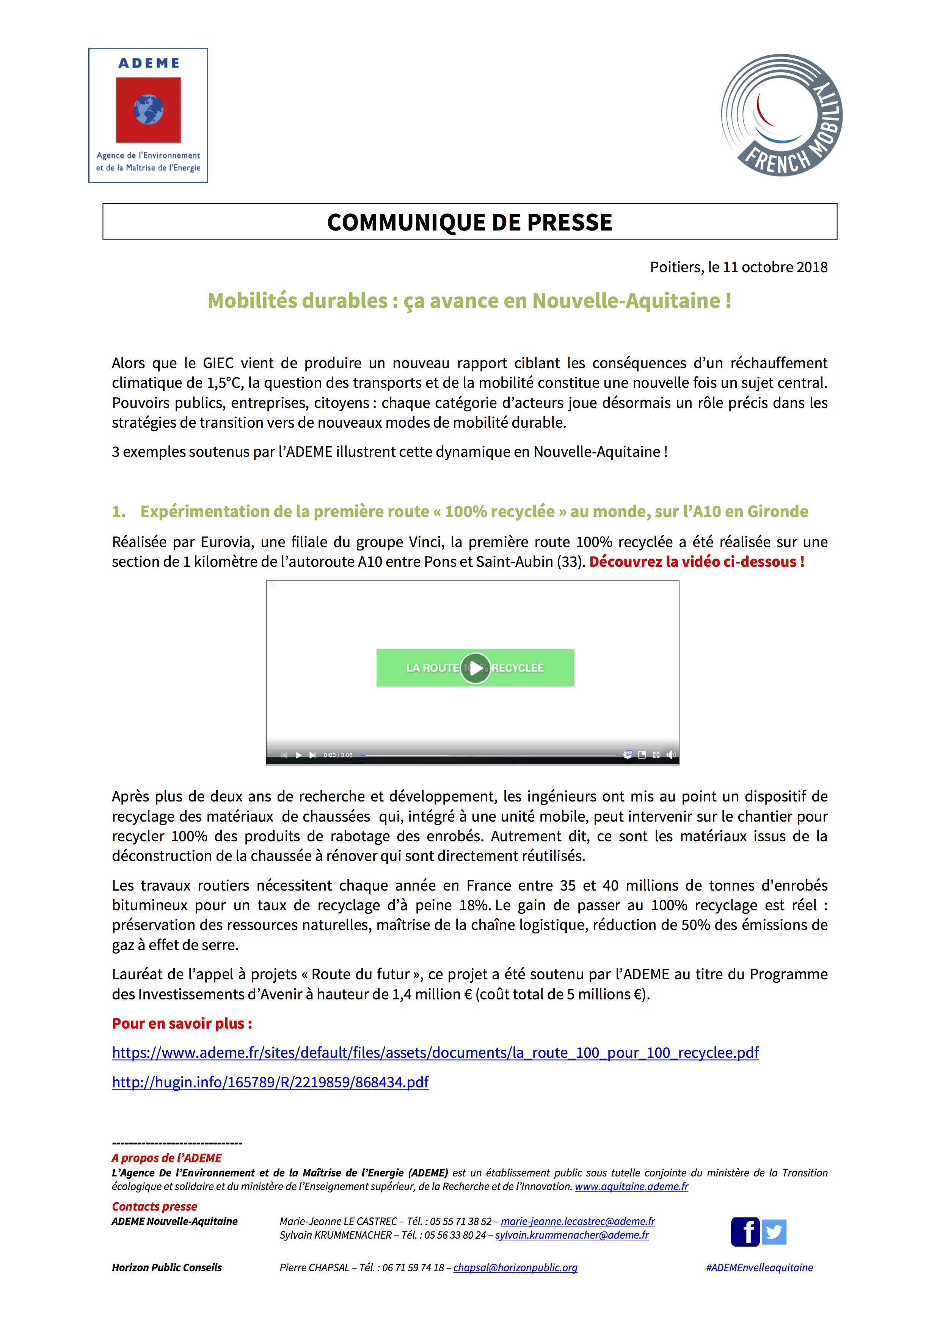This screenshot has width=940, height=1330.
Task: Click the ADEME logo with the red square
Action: coord(148,115)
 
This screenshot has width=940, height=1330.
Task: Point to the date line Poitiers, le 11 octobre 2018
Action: coord(738,267)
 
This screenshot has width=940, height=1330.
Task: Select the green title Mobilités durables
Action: coord(469,301)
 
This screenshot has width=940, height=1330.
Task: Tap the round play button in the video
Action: coord(475,668)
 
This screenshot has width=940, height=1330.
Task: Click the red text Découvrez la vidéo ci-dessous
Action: coord(696,561)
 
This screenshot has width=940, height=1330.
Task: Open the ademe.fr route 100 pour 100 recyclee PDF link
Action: coord(435,1052)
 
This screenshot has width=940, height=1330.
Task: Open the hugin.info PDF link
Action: coord(270,1082)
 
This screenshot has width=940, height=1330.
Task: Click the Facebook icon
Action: coord(745,1231)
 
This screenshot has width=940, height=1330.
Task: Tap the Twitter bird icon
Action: coord(774,1231)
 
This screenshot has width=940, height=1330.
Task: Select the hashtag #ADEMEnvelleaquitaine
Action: coord(759,1267)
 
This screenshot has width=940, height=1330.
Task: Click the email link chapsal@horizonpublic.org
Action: coord(515,1267)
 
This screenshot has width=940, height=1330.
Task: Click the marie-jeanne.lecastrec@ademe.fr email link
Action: coord(577,1221)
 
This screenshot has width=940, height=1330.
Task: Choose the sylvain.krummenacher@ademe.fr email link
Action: coord(572,1235)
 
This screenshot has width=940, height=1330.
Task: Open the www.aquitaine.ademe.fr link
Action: coord(631,1186)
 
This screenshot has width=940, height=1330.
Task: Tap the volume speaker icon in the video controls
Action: coord(671,755)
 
